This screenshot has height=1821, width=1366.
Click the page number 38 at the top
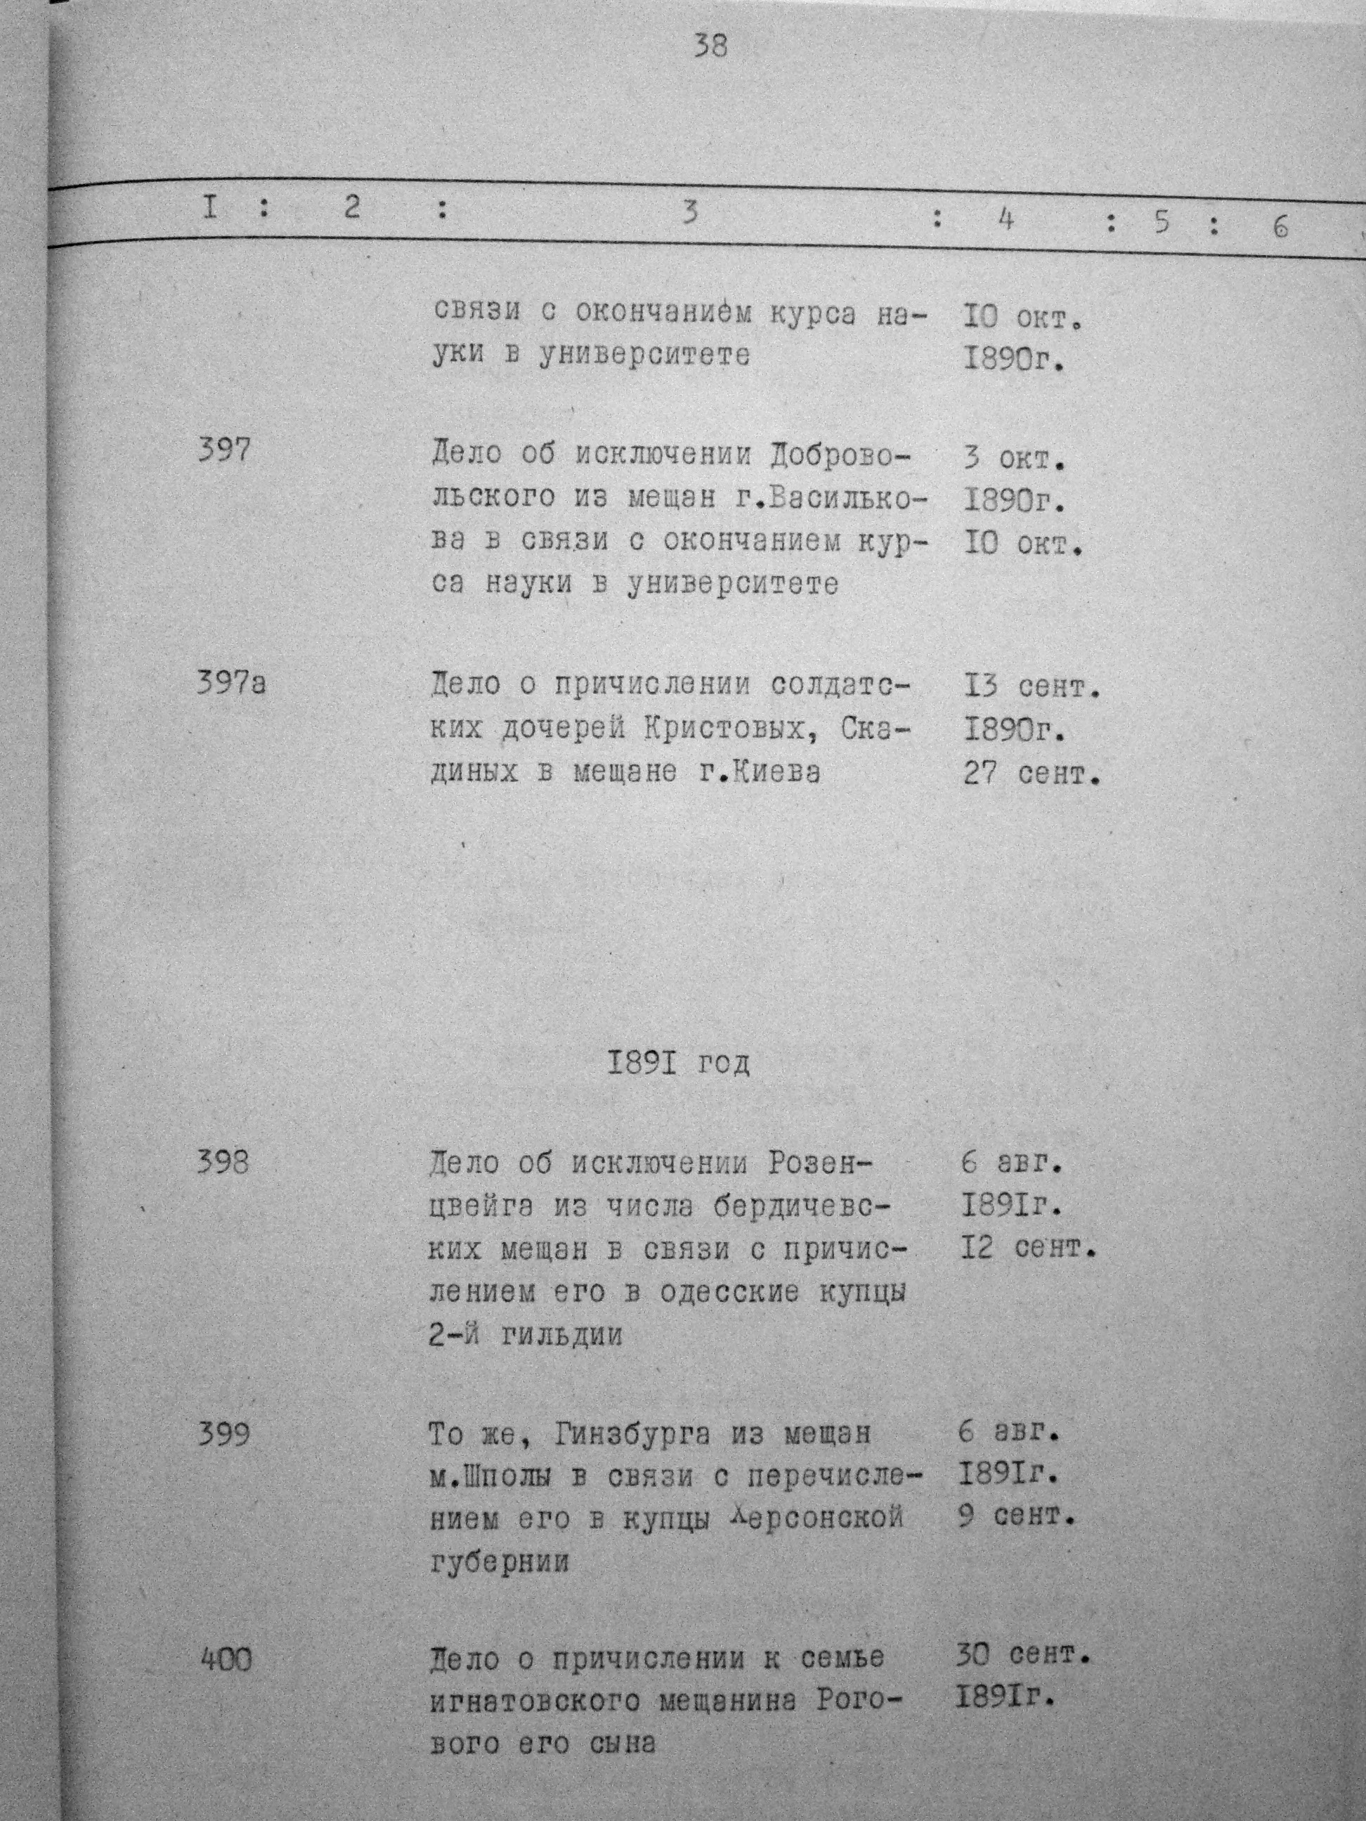tap(710, 45)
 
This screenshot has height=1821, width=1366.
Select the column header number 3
tap(690, 212)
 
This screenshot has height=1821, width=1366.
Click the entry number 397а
tap(231, 684)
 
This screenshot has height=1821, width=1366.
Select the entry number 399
tap(223, 1435)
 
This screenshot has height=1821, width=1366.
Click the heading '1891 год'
tap(679, 1064)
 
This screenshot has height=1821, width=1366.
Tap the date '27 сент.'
tap(1032, 774)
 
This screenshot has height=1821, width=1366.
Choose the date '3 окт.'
tap(1013, 458)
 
